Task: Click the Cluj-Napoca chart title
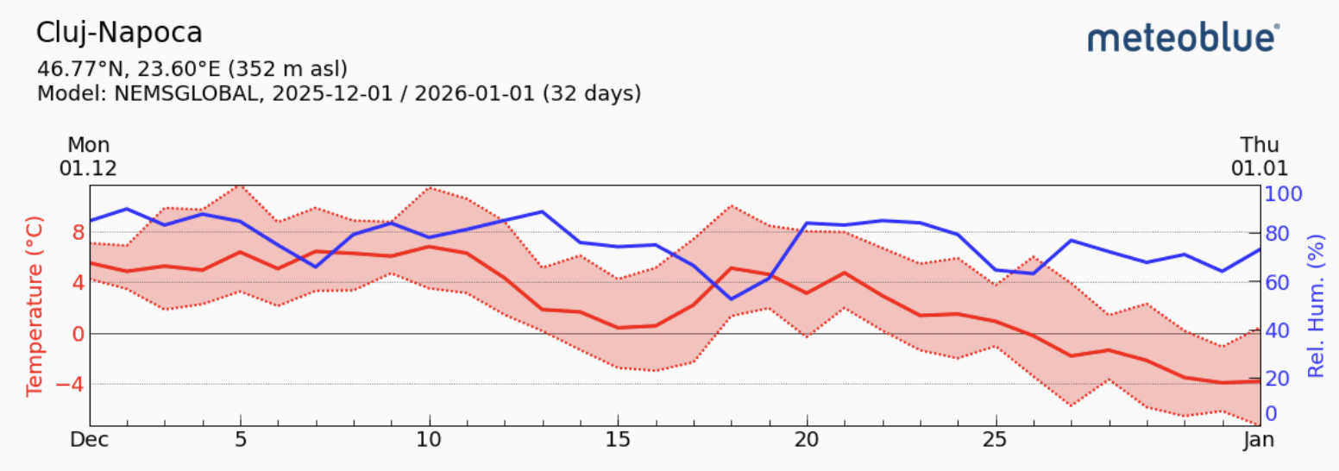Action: tap(119, 33)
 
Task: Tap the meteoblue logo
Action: tap(1184, 39)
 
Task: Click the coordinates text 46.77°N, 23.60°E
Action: tap(141, 68)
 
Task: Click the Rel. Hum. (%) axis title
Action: tap(1317, 305)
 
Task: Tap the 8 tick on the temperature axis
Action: tap(78, 232)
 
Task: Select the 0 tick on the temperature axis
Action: tap(78, 334)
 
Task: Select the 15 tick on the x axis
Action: tap(618, 439)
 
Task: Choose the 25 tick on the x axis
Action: tap(996, 439)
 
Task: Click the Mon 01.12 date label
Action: tap(88, 156)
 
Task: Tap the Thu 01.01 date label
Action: tap(1260, 156)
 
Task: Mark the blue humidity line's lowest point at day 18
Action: tap(732, 298)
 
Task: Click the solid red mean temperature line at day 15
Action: tap(618, 328)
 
